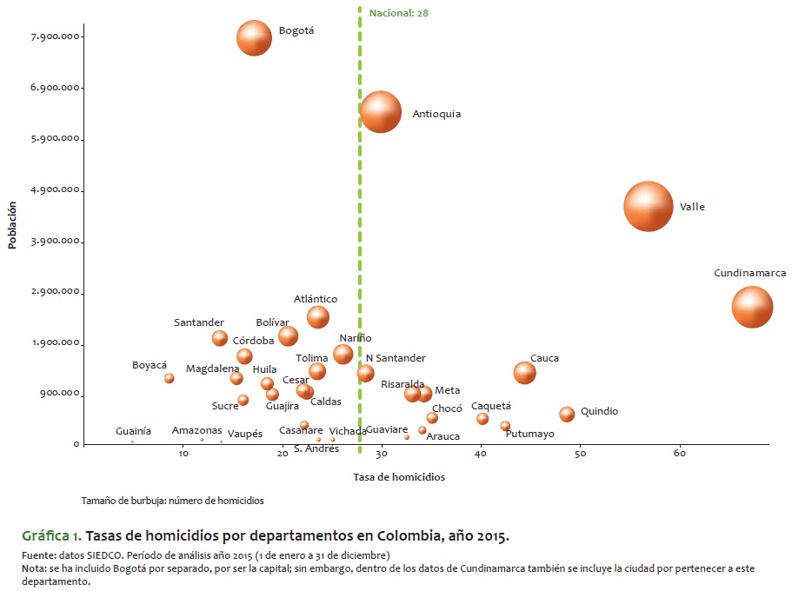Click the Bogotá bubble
[254, 38]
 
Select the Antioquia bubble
[381, 111]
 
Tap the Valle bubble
[648, 207]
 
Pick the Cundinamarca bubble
[752, 307]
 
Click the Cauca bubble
[524, 373]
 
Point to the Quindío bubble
[567, 415]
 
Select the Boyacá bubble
[170, 378]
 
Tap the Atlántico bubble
[318, 316]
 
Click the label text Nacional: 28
[398, 13]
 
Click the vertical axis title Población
[12, 226]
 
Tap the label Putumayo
[529, 435]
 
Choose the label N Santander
[396, 358]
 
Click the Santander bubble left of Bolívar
[220, 338]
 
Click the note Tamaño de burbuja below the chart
[172, 501]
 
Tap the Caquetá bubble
[483, 419]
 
